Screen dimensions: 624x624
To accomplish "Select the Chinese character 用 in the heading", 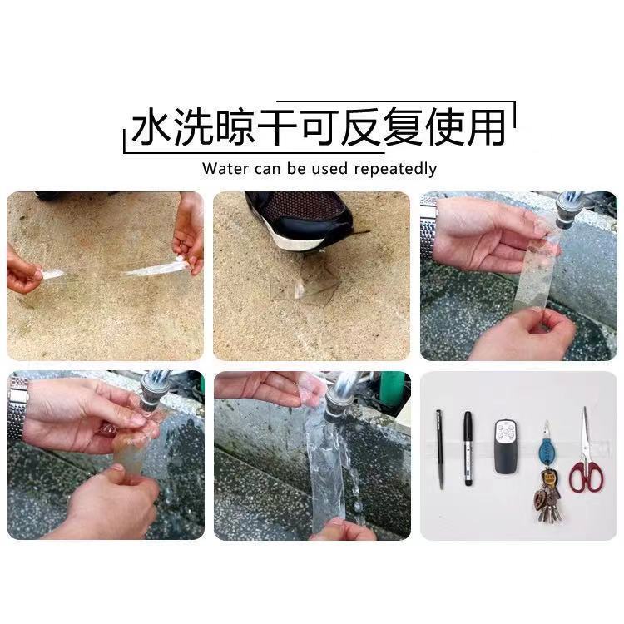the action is [x=486, y=126].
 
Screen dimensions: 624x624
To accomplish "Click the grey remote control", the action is [x=507, y=447].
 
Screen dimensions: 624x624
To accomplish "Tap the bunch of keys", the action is [x=547, y=496].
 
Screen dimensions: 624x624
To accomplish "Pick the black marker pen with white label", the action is [x=468, y=448].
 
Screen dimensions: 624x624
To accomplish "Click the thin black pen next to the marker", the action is [x=439, y=449].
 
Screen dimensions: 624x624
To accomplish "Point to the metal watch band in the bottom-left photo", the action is [x=18, y=407].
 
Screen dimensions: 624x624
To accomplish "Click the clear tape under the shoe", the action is [x=305, y=283].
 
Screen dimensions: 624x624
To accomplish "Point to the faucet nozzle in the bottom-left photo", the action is [x=149, y=395].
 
